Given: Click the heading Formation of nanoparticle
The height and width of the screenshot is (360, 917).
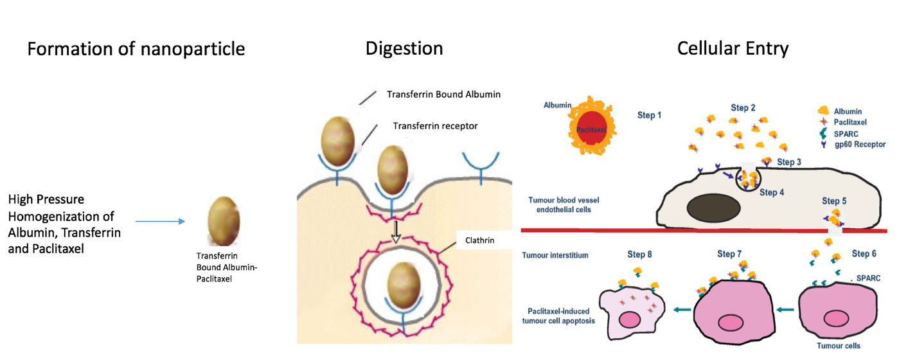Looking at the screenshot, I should coord(136,49).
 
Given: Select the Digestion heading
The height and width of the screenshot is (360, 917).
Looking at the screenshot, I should coord(404,49).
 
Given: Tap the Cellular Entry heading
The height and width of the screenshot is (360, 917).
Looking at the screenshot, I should coord(733,49).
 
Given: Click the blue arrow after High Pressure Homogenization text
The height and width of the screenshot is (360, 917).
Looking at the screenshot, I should coord(161,222).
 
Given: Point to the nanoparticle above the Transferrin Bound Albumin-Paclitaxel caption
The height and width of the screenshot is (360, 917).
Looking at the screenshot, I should coord(224,221).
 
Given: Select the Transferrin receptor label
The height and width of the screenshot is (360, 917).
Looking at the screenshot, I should coord(435,126).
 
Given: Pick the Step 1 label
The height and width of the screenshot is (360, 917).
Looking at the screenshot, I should coord(648,115).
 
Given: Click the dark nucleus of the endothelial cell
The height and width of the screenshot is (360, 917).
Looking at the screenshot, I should coord(710,209).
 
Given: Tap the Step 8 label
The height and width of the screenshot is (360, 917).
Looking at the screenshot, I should coord(640,255).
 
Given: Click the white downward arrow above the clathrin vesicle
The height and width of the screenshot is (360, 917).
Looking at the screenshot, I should coord(396,237).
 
